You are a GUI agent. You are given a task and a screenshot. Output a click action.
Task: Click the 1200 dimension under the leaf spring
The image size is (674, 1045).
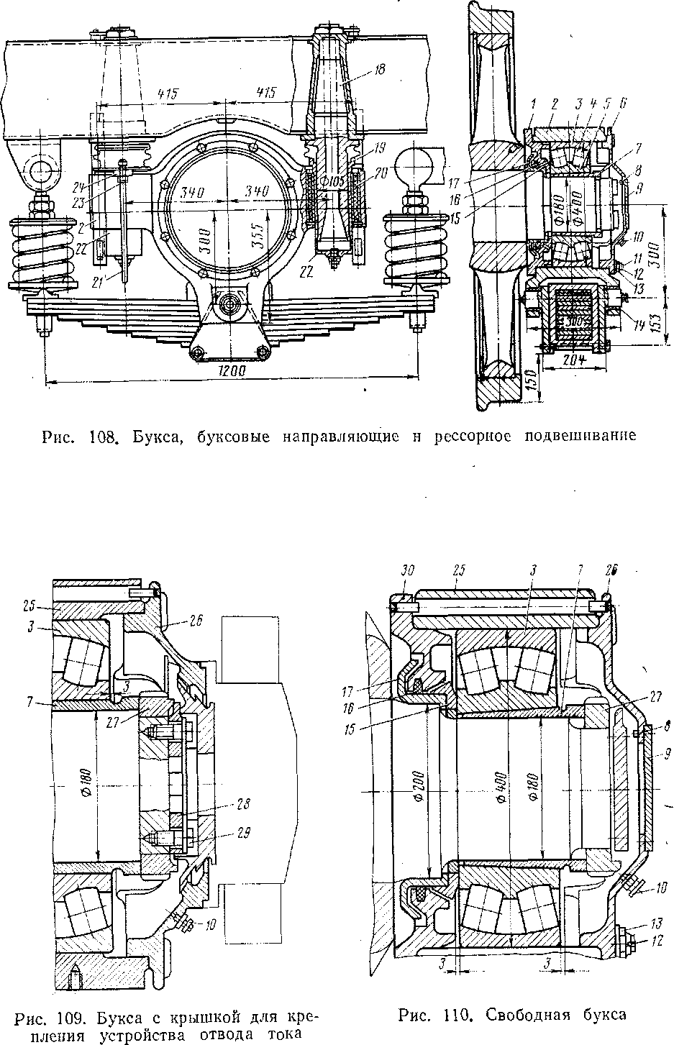pos(231,371)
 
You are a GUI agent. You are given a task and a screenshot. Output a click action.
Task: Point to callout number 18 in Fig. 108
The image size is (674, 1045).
pos(380,70)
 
